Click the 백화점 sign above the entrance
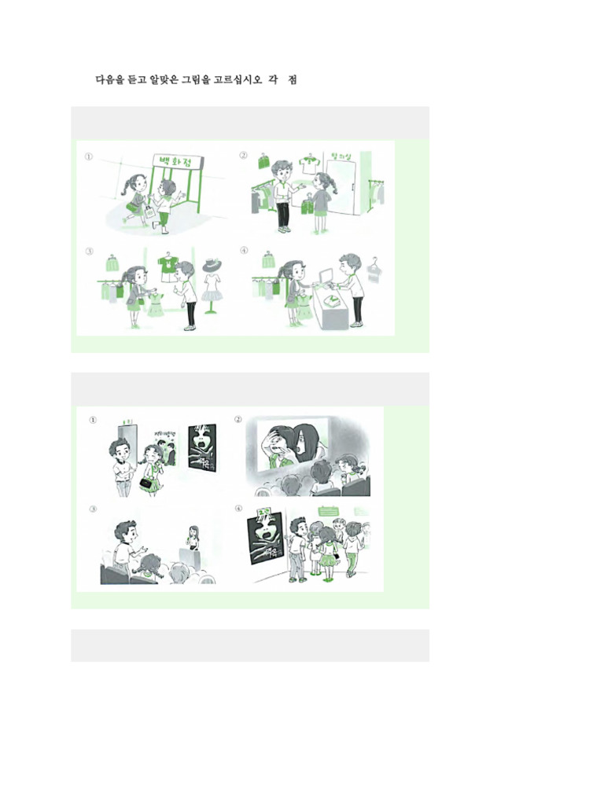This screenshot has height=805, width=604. tap(177, 164)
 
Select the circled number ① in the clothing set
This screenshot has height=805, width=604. tap(90, 156)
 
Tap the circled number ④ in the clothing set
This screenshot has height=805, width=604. tap(244, 252)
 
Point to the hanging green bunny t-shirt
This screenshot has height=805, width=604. tap(168, 269)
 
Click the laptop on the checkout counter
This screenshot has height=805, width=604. tap(323, 274)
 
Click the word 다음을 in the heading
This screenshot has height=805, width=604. tap(110, 79)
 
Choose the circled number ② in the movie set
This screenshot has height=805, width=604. tap(238, 419)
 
